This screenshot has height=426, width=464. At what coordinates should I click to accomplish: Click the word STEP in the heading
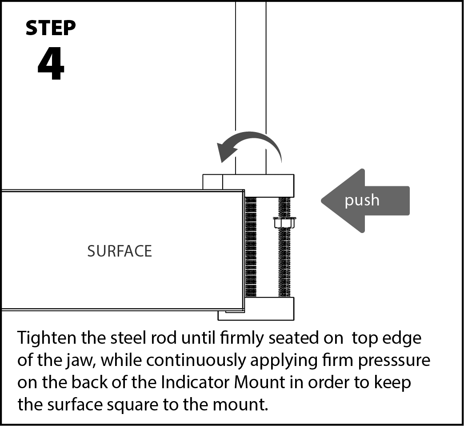tap(51, 28)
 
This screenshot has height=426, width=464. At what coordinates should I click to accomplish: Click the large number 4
tap(51, 65)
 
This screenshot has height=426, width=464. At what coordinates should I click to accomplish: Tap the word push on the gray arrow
tap(362, 200)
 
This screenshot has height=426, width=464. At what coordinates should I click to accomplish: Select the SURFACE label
tap(120, 251)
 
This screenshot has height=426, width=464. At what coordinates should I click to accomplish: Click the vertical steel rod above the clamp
tap(251, 89)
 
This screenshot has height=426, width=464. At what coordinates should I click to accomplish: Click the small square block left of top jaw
tap(212, 182)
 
